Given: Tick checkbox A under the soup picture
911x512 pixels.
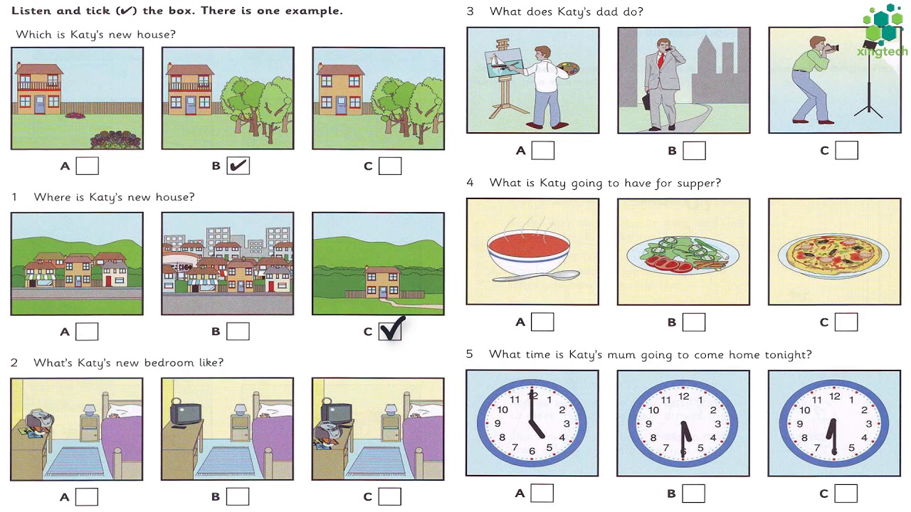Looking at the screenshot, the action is pyautogui.click(x=542, y=322).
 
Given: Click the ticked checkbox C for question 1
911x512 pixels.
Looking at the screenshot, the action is pyautogui.click(x=390, y=331).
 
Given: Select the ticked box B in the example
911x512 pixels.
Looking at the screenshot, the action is pyautogui.click(x=238, y=166).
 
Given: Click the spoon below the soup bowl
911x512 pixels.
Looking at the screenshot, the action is pyautogui.click(x=536, y=277).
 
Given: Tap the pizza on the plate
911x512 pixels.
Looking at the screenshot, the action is pyautogui.click(x=834, y=255).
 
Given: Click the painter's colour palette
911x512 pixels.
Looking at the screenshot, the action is pyautogui.click(x=569, y=68).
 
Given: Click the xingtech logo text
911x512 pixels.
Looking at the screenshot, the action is pyautogui.click(x=882, y=52).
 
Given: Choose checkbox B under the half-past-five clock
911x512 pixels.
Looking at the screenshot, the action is pyautogui.click(x=693, y=494).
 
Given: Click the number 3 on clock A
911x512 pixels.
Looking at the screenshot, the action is pyautogui.click(x=567, y=424).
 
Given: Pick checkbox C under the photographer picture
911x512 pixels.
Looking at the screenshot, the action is pyautogui.click(x=847, y=150).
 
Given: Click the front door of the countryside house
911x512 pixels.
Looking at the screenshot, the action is pyautogui.click(x=383, y=292).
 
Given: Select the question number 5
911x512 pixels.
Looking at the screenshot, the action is pyautogui.click(x=470, y=354).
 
